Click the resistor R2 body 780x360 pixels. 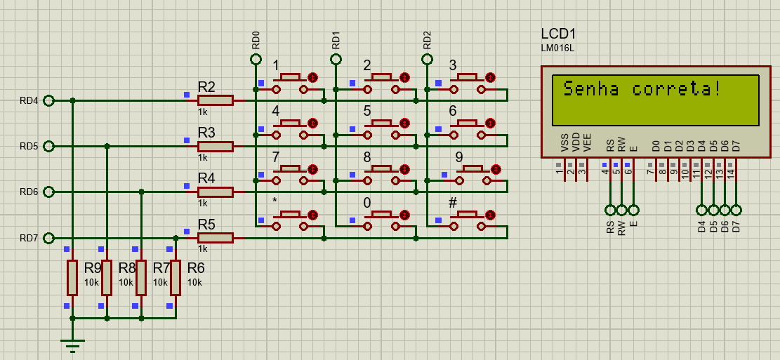[x=215, y=100]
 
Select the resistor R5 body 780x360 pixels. [x=215, y=238]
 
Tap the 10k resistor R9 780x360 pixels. [x=72, y=277]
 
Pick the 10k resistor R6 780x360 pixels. [x=175, y=277]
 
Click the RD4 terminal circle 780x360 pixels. [x=48, y=100]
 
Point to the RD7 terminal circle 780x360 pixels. [x=48, y=238]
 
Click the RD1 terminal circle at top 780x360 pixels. [x=336, y=59]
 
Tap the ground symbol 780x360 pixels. [x=72, y=344]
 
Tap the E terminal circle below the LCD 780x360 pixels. [x=633, y=210]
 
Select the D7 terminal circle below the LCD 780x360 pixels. [x=736, y=210]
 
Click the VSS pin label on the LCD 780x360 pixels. [x=565, y=144]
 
